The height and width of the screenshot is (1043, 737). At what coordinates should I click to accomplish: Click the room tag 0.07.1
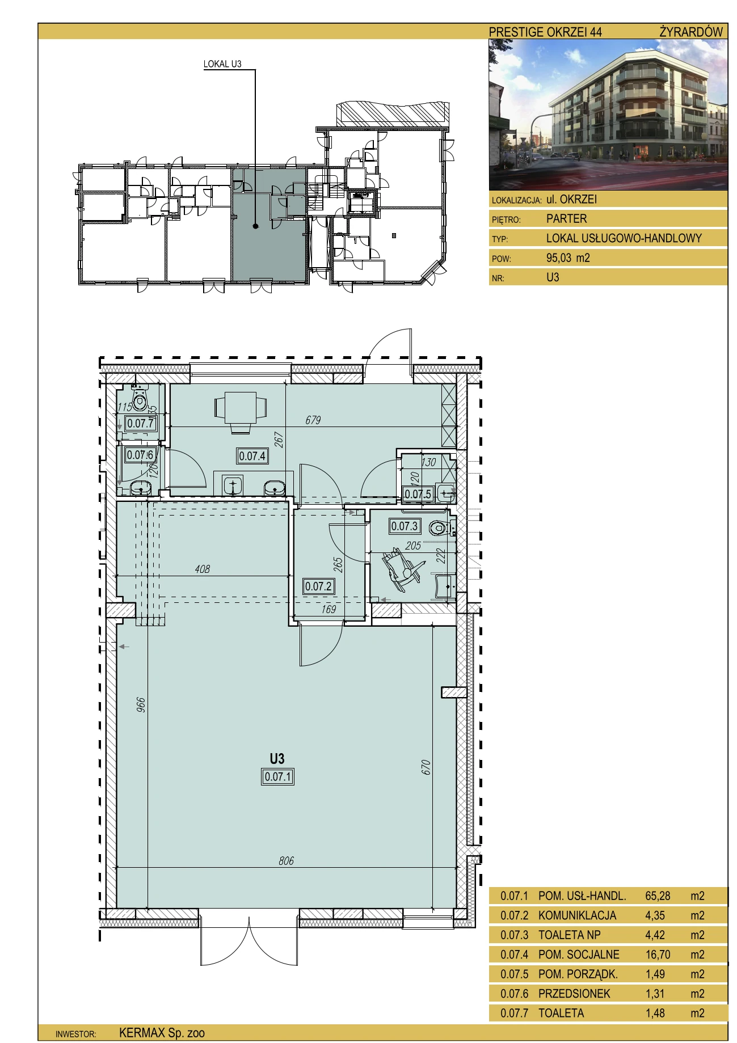pyautogui.click(x=278, y=776)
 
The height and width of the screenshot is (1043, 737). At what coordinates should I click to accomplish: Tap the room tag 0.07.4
pyautogui.click(x=252, y=456)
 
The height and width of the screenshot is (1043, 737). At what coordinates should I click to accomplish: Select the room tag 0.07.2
pyautogui.click(x=318, y=586)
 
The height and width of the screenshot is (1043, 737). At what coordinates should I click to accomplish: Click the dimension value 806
pyautogui.click(x=287, y=860)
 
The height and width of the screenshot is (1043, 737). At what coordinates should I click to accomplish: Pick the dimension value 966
pyautogui.click(x=141, y=705)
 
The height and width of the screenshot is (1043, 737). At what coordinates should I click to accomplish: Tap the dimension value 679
pyautogui.click(x=313, y=420)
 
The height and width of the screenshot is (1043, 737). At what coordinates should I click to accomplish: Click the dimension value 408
pyautogui.click(x=203, y=568)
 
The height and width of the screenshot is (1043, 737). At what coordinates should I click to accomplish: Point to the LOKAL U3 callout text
pyautogui.click(x=222, y=64)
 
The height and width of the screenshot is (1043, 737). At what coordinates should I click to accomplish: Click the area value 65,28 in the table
pyautogui.click(x=658, y=896)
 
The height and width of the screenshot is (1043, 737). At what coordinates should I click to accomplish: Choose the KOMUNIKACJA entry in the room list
pyautogui.click(x=577, y=915)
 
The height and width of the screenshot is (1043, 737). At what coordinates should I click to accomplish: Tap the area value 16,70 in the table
pyautogui.click(x=658, y=955)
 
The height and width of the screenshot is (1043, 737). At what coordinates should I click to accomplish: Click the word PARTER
pyautogui.click(x=566, y=219)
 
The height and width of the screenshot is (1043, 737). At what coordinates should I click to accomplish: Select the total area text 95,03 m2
pyautogui.click(x=568, y=258)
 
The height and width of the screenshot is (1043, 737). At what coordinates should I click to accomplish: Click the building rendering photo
pyautogui.click(x=608, y=115)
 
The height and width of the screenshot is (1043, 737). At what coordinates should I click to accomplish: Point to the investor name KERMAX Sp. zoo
pyautogui.click(x=162, y=1033)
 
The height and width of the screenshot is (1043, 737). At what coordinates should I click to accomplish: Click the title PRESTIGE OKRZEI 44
pyautogui.click(x=545, y=32)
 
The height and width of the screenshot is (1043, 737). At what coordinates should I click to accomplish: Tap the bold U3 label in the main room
pyautogui.click(x=277, y=758)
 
